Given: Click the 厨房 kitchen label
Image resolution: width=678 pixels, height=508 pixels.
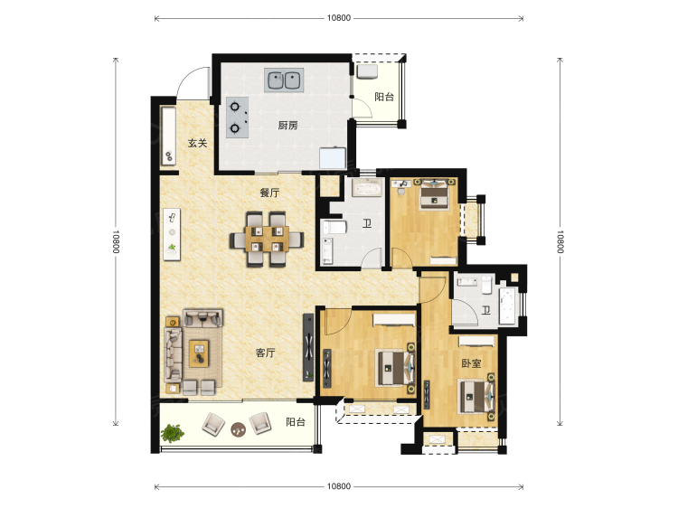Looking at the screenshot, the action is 287,126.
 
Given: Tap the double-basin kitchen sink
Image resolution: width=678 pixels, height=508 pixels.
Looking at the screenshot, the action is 284,80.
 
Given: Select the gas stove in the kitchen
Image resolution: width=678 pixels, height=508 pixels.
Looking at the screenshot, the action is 238,118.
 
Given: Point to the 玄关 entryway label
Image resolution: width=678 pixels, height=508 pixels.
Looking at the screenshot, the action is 198,143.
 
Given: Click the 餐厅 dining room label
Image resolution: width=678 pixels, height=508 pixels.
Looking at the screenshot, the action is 269,193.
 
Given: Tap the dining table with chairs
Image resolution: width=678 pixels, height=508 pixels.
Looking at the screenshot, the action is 267,239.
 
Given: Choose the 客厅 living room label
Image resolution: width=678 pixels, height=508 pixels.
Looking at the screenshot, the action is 266,353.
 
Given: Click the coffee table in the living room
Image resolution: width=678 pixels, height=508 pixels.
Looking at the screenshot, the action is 199,353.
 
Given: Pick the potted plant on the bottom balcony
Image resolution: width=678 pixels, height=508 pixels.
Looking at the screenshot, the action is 172,433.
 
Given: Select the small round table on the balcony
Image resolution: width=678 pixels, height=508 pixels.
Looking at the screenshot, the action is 238,428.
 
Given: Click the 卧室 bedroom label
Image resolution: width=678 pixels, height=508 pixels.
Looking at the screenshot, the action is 471,363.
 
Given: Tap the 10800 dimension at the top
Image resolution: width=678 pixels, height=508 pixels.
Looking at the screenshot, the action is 339,18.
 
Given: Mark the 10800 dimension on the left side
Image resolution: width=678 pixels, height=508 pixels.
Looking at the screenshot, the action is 116,241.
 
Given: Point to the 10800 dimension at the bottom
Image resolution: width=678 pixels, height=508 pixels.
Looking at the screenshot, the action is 339,486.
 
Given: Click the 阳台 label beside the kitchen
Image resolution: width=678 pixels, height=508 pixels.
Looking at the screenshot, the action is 384,97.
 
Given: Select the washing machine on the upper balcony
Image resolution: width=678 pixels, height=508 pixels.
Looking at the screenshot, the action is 367,71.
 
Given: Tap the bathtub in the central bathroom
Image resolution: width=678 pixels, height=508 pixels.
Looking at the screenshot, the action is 367,189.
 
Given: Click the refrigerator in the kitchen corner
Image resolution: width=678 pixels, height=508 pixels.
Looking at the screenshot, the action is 333,158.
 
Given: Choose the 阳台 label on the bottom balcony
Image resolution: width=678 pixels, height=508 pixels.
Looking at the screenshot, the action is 296,422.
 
